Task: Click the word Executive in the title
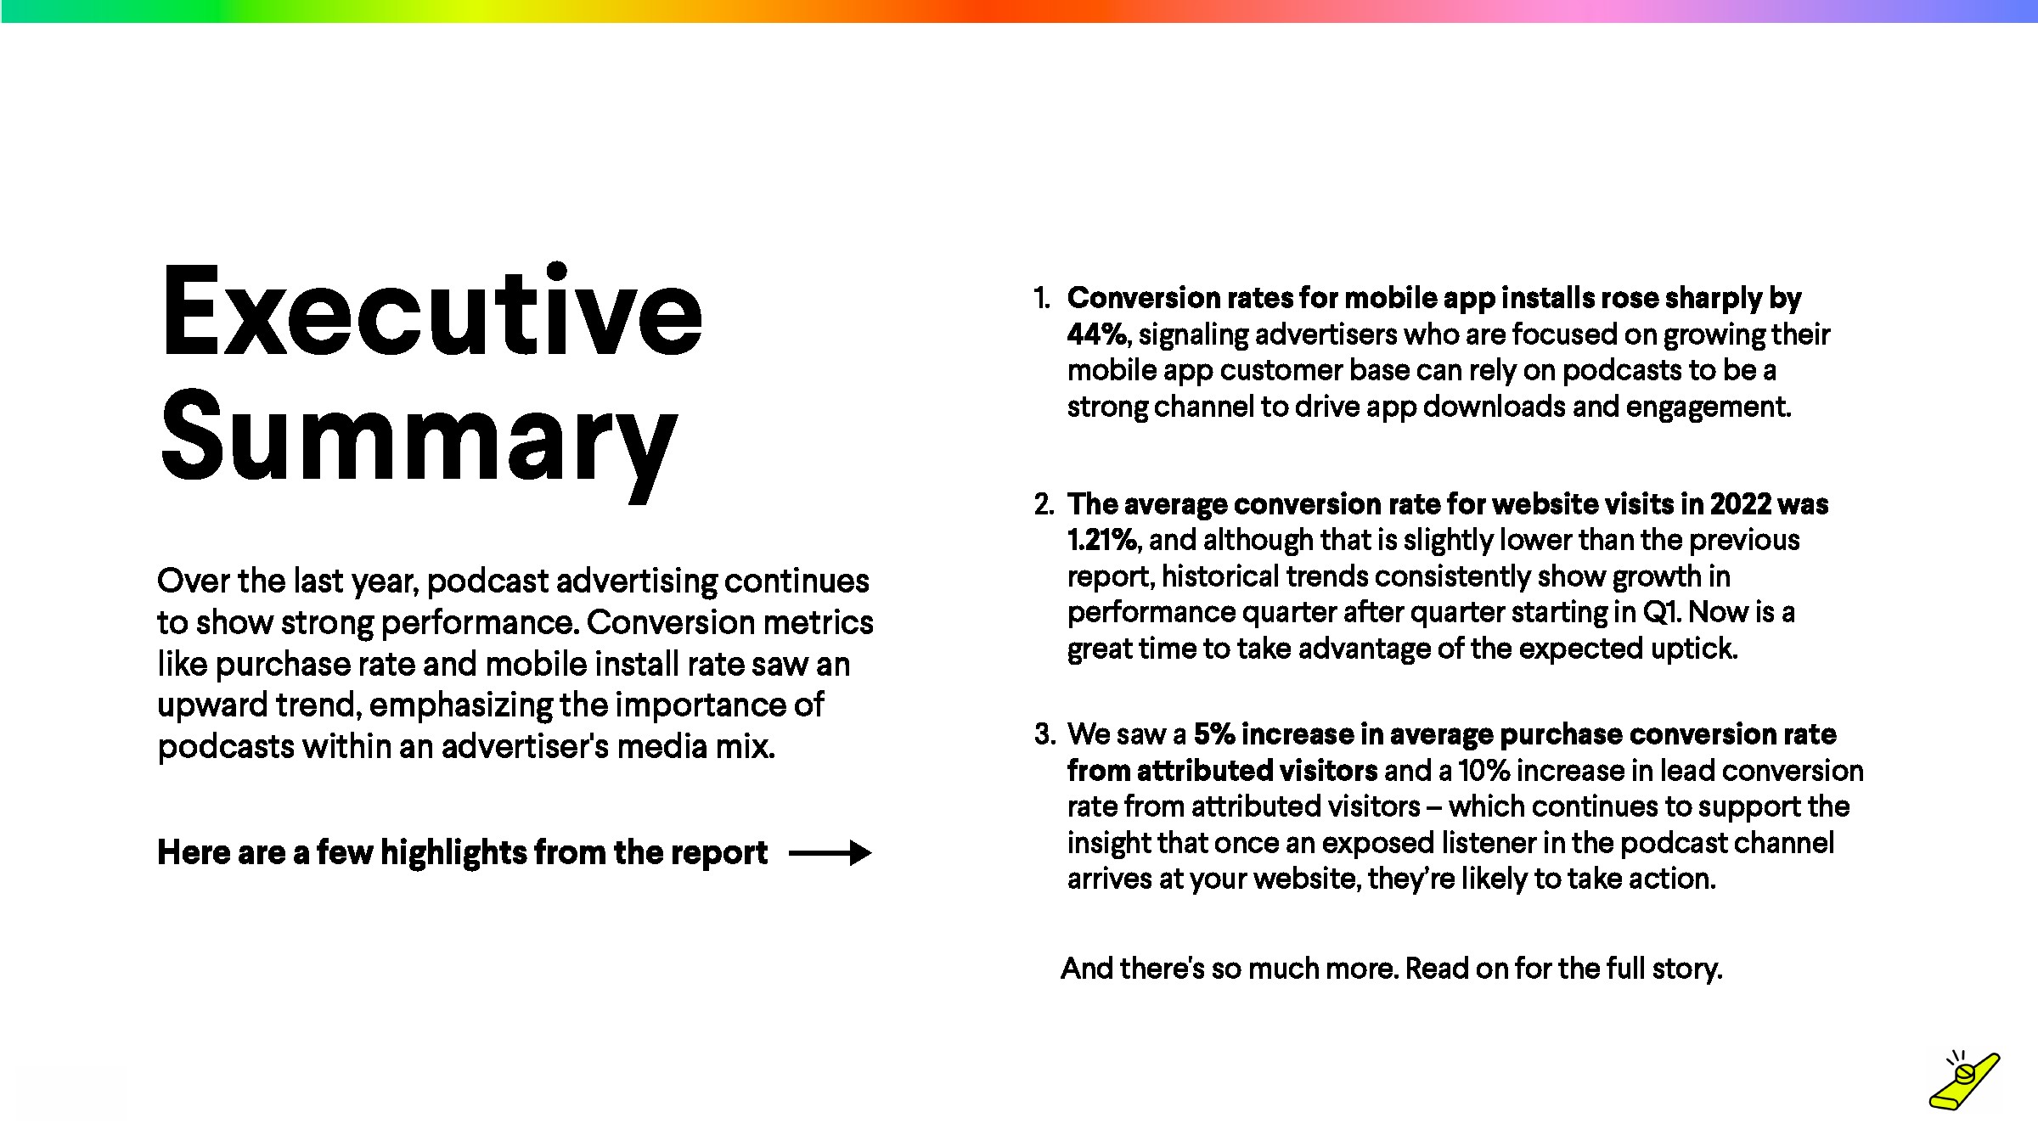pyautogui.click(x=431, y=311)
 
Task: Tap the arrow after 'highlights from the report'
pyautogui.click(x=830, y=853)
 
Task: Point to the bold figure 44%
pyautogui.click(x=1098, y=334)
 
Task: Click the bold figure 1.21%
pyautogui.click(x=1102, y=540)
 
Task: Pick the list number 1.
pyautogui.click(x=1042, y=298)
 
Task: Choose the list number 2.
pyautogui.click(x=1044, y=504)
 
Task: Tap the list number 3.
pyautogui.click(x=1044, y=734)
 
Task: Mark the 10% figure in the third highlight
pyautogui.click(x=1484, y=771)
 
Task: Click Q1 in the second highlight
pyautogui.click(x=1662, y=612)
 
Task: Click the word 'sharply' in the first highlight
pyautogui.click(x=1713, y=299)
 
